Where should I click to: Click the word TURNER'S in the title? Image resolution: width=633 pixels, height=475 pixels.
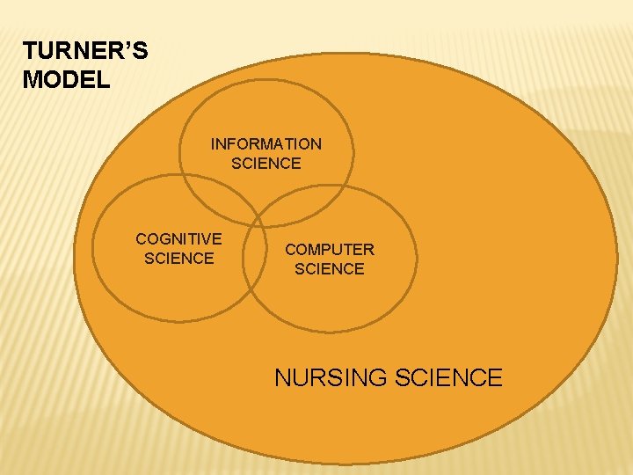pyautogui.click(x=85, y=51)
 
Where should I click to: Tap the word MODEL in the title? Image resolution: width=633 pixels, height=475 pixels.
pyautogui.click(x=67, y=80)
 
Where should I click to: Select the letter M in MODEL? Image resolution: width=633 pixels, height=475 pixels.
pyautogui.click(x=32, y=80)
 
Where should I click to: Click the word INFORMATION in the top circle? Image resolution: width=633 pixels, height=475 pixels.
pyautogui.click(x=266, y=143)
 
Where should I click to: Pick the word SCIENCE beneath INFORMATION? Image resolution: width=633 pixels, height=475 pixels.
pyautogui.click(x=266, y=163)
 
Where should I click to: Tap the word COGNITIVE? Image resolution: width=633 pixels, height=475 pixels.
pyautogui.click(x=178, y=238)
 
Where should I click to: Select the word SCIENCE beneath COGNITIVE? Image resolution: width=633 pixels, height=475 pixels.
pyautogui.click(x=178, y=258)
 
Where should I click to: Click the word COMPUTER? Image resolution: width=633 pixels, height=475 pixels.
pyautogui.click(x=329, y=250)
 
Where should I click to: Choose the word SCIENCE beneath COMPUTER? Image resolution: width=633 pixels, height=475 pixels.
pyautogui.click(x=329, y=269)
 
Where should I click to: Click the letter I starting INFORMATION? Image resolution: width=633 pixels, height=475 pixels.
pyautogui.click(x=213, y=143)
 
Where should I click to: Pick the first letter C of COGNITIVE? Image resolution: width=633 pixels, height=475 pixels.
pyautogui.click(x=141, y=238)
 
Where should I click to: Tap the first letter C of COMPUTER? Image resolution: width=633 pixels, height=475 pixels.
pyautogui.click(x=290, y=250)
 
